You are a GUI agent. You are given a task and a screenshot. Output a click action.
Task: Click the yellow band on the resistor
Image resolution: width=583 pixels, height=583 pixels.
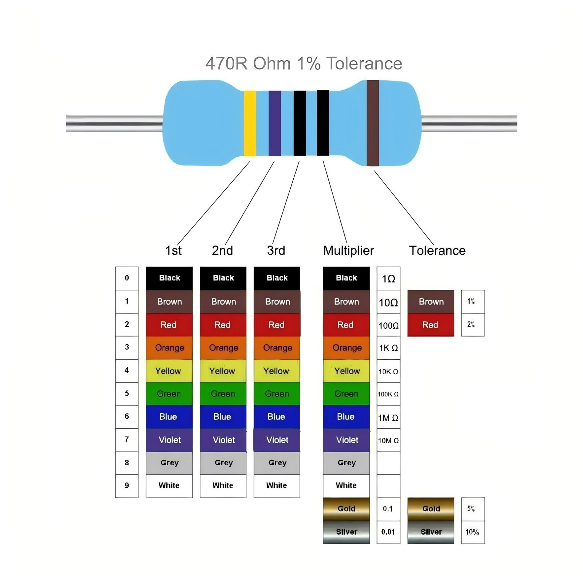(250, 124)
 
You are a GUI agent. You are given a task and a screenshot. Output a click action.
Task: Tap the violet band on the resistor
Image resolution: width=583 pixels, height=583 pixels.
(275, 124)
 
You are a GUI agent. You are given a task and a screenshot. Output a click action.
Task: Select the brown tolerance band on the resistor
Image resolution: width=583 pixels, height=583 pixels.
(373, 123)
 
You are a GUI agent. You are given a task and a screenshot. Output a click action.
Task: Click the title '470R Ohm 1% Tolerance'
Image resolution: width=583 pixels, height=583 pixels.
(304, 63)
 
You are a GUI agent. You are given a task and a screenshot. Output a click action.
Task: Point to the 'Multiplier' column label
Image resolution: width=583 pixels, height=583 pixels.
(348, 250)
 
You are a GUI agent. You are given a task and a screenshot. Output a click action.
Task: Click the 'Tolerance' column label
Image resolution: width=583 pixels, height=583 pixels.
(437, 250)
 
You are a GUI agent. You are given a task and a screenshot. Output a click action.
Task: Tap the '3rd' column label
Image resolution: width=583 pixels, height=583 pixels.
(276, 250)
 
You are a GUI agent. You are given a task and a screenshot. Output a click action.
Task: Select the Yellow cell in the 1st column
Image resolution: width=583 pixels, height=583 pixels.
(169, 371)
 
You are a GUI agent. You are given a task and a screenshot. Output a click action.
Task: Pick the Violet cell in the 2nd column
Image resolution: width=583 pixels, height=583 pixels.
(223, 440)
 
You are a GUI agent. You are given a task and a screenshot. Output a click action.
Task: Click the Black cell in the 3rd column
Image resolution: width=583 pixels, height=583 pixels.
(277, 278)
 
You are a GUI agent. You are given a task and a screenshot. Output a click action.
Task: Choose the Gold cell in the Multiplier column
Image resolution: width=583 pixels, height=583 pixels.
(346, 509)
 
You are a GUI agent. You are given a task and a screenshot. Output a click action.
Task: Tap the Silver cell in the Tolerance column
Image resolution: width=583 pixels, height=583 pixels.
(431, 532)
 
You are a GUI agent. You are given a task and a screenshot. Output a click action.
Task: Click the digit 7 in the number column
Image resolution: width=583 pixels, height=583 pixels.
(127, 439)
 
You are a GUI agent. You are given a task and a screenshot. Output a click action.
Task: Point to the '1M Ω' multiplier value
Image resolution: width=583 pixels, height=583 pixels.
(388, 418)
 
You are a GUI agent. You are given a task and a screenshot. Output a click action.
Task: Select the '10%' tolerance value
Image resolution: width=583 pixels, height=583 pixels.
(472, 532)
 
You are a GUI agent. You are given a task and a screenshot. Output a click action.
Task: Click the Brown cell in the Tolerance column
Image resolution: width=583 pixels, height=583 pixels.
(431, 302)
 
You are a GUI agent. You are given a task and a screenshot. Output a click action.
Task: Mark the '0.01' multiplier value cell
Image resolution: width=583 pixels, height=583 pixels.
(388, 532)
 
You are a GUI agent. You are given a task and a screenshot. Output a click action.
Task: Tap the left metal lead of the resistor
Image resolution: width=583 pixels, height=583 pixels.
(114, 124)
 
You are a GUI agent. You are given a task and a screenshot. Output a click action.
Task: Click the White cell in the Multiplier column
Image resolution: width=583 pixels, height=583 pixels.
(346, 486)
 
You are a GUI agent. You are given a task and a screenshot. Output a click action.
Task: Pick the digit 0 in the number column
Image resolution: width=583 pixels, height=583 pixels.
(127, 278)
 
